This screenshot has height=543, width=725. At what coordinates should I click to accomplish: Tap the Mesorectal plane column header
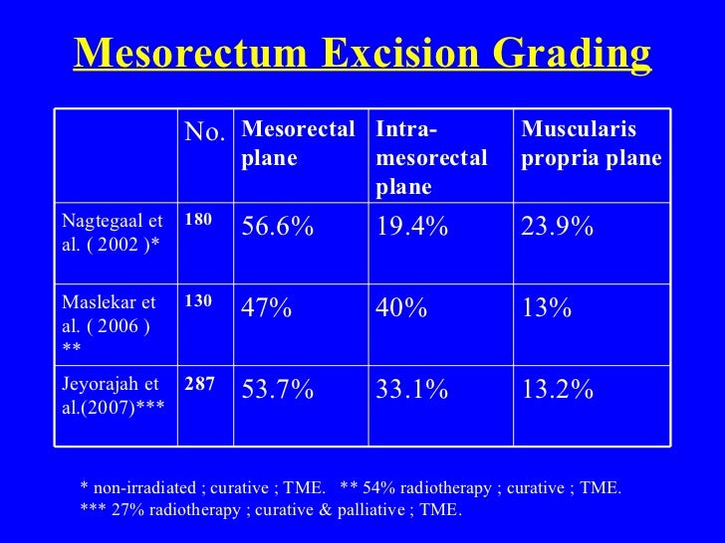pos(299,144)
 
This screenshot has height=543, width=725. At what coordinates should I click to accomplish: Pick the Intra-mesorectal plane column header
pos(431,158)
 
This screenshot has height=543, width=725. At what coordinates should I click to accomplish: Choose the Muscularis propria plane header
pos(592,144)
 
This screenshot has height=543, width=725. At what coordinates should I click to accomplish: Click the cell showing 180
pos(198,220)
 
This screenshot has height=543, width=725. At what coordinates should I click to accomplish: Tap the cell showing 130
pos(198,301)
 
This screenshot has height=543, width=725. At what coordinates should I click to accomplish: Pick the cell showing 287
pos(199,383)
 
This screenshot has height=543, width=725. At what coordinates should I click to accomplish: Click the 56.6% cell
pos(278,228)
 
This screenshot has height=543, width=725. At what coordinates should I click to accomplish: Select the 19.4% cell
pos(411,228)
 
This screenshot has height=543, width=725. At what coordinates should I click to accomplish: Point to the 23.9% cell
pos(558,228)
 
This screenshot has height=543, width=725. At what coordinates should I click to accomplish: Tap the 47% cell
pos(267,309)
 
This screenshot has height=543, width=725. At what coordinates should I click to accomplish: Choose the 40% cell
pos(401,309)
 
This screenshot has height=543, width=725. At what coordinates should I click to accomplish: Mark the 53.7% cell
pos(278,391)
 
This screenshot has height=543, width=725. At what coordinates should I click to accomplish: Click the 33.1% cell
pos(411,391)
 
